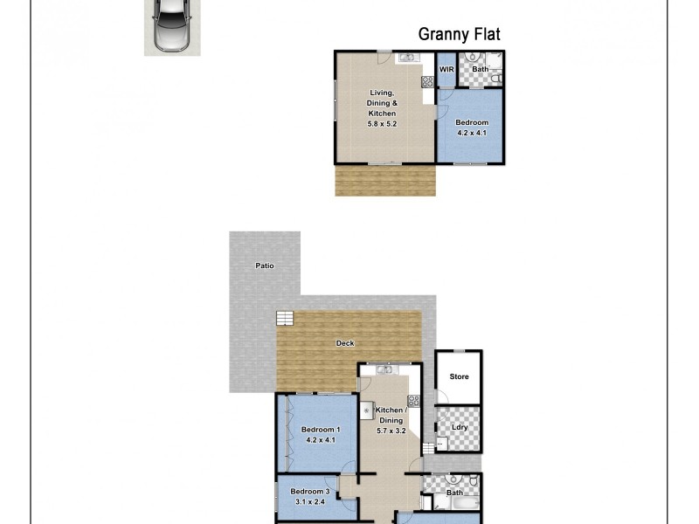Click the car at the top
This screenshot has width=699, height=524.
[172, 26]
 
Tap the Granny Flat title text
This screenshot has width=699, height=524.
[459, 34]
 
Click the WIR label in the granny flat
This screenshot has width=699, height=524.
[446, 69]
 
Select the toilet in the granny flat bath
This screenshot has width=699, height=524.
[495, 79]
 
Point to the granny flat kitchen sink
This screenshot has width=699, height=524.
[407, 59]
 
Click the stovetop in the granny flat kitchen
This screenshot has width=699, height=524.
[428, 83]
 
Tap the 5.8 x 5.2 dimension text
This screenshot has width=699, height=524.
[382, 124]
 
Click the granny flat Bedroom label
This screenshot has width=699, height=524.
[472, 122]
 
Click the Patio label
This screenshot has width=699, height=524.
[265, 265]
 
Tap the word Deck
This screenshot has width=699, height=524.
[345, 343]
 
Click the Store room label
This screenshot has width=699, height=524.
[459, 376]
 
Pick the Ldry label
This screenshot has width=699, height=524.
[460, 426]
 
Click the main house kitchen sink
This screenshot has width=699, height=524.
[385, 370]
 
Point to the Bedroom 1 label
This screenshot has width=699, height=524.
[320, 429]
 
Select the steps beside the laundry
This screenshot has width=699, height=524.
[427, 448]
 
